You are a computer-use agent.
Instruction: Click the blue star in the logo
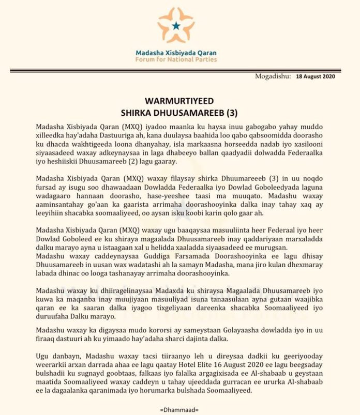coord(176,25)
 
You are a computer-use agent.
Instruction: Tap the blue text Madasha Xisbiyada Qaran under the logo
coord(176,53)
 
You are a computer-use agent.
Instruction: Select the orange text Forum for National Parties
coord(176,60)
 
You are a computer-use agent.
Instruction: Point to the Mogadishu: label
coord(273,76)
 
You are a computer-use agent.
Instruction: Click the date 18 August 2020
coord(316,76)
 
